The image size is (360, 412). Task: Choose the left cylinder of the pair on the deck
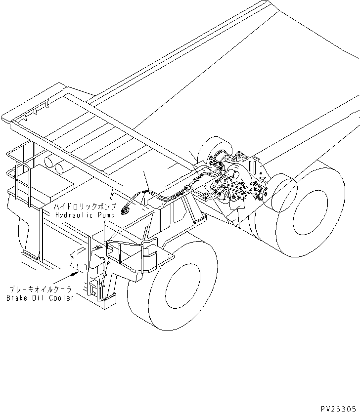pos(49,162)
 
